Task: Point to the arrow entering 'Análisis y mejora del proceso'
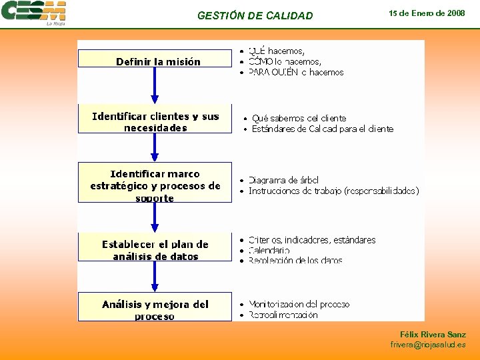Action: coord(155,277)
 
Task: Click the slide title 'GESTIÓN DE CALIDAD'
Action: coord(255,15)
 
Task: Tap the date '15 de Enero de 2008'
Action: coord(427,13)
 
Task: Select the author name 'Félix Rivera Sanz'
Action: coord(433,335)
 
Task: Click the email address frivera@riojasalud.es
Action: coord(428,345)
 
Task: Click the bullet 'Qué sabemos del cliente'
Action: coord(299,118)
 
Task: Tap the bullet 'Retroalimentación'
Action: coord(283,315)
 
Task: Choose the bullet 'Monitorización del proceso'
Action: coord(299,304)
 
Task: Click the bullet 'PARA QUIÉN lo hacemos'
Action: coord(295,72)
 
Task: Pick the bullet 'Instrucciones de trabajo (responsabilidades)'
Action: coord(333,191)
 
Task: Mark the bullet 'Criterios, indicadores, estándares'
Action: coord(311,240)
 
